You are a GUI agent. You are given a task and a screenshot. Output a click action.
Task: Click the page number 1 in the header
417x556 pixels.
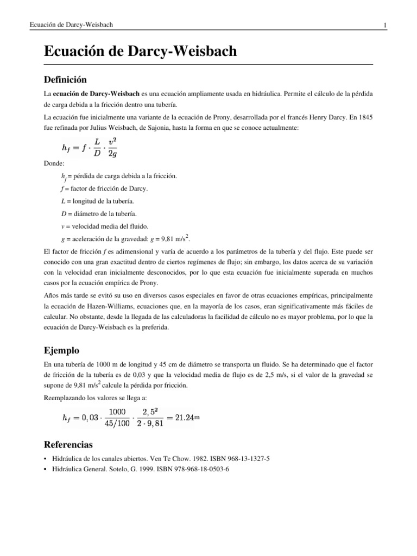tap(384, 25)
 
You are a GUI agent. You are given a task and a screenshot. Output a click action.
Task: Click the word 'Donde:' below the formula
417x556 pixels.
tap(54, 163)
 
